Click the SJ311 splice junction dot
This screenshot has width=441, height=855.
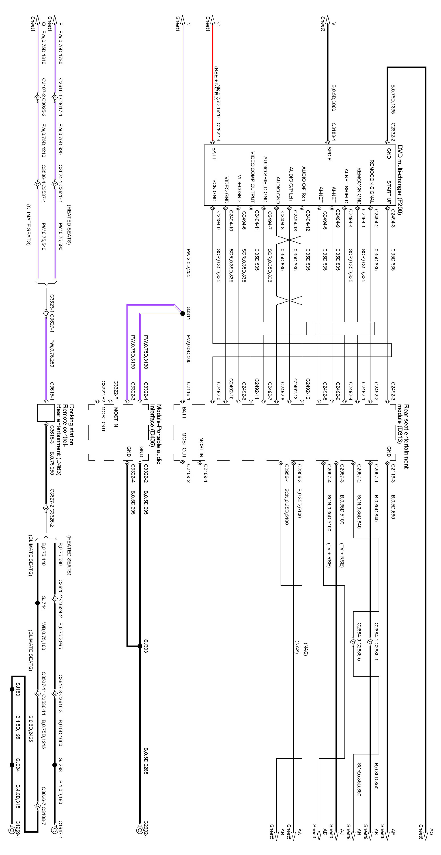pos(182,313)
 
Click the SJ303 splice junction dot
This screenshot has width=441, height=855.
pos(140,646)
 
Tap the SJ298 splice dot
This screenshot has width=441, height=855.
pos(54,765)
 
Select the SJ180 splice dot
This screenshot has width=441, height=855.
pos(12,689)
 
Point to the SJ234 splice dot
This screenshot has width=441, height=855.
pos(12,765)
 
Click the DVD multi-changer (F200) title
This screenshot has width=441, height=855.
pos(400,180)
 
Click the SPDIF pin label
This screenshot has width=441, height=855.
pos(329,153)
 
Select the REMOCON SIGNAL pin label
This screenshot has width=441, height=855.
pos(372,182)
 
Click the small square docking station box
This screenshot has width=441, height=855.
pos(46,413)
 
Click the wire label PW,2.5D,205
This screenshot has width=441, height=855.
pos(189,263)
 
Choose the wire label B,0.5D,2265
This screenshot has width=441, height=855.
pos(146,761)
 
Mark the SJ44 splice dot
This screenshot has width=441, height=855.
pos(38,602)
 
